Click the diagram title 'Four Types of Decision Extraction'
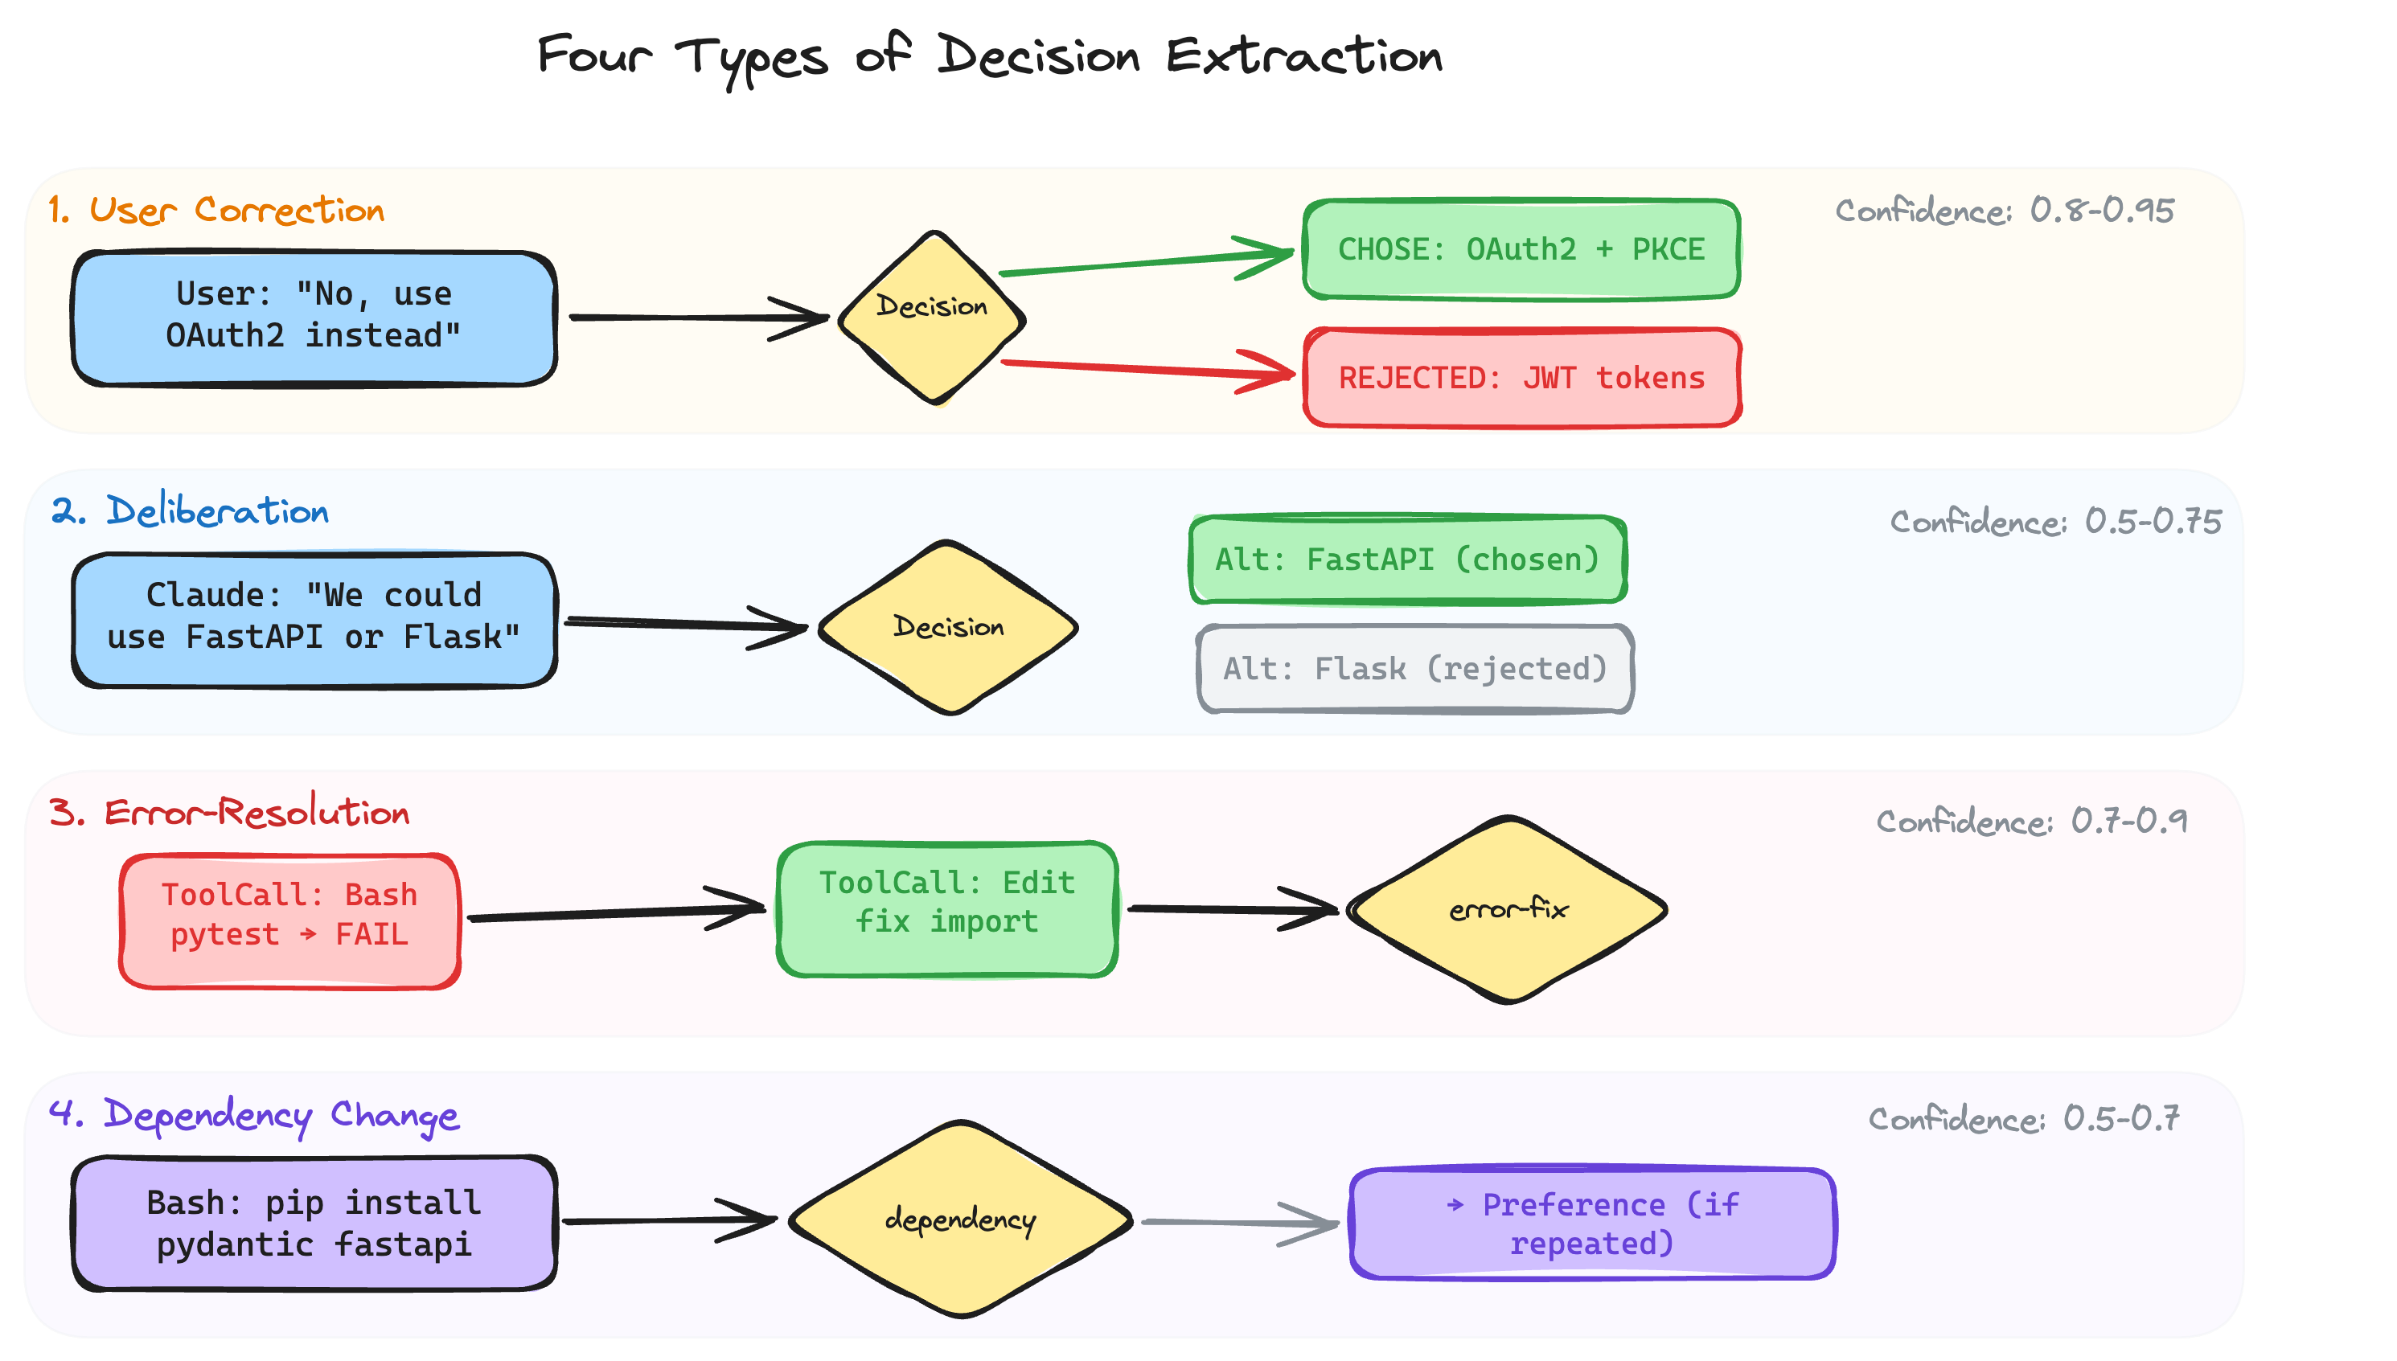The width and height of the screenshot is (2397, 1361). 989,56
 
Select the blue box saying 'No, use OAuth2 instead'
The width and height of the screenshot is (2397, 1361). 314,318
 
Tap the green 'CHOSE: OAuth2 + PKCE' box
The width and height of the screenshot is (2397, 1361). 1521,249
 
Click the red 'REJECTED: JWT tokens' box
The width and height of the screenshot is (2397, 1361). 1522,378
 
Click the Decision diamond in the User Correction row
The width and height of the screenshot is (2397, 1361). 932,318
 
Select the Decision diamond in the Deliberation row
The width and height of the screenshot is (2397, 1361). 948,627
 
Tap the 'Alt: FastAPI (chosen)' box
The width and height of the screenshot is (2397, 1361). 1408,559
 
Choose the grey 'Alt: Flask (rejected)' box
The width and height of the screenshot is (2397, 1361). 1414,668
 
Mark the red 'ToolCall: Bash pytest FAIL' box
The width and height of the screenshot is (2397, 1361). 289,920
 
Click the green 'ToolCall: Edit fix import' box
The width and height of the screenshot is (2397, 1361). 947,908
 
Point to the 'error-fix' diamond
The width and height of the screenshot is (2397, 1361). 1507,909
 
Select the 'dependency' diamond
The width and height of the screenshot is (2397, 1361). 960,1219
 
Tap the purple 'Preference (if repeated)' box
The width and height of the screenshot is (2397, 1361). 1592,1223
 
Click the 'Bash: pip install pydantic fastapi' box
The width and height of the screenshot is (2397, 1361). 314,1223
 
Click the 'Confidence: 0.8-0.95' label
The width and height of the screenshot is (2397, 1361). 2005,211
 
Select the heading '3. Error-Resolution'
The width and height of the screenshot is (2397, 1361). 230,812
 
